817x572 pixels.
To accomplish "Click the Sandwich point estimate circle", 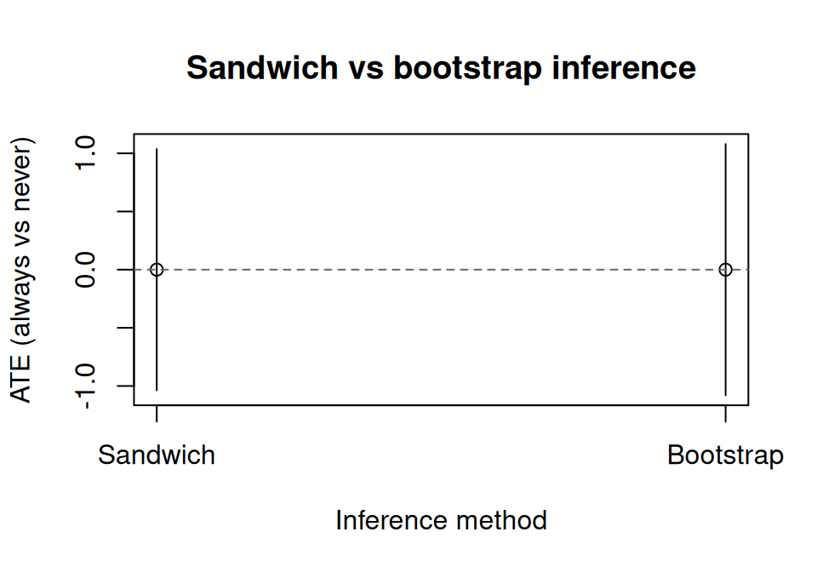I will coord(157,270).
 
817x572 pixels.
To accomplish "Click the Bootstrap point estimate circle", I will coord(725,270).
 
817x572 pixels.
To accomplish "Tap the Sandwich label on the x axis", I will coord(157,455).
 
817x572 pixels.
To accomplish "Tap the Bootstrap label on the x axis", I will coord(725,455).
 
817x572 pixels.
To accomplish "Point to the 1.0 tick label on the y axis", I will coord(86,154).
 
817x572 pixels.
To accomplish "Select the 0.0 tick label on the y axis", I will coord(86,270).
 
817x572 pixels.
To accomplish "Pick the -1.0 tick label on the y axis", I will coord(86,386).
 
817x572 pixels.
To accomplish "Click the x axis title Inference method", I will coord(441,520).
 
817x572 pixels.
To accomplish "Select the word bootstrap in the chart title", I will coord(466,67).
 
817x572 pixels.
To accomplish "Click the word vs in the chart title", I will coord(365,67).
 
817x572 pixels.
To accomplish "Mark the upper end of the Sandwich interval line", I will coord(157,149).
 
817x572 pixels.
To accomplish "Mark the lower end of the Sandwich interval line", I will coord(157,391).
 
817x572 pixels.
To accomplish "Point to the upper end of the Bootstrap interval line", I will coord(725,145).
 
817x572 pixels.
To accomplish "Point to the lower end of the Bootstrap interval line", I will coord(725,395).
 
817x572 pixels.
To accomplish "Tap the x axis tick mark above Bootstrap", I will coord(725,413).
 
